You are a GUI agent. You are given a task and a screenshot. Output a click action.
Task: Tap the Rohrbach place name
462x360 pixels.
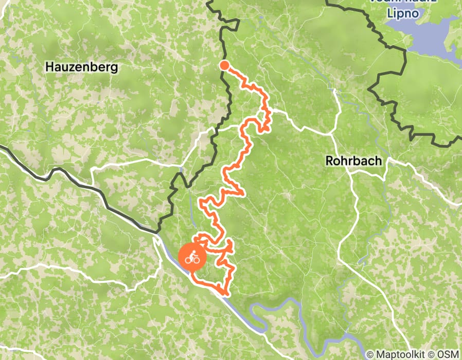click(x=354, y=161)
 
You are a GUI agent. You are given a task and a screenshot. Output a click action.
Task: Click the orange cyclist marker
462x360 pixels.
click(x=192, y=257)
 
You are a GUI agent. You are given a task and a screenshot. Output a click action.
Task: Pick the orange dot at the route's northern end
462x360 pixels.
click(x=224, y=65)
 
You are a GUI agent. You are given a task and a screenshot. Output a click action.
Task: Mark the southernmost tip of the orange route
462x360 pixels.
click(x=225, y=294)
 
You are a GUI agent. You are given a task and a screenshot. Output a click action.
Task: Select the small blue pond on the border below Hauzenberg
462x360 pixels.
click(x=181, y=169)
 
